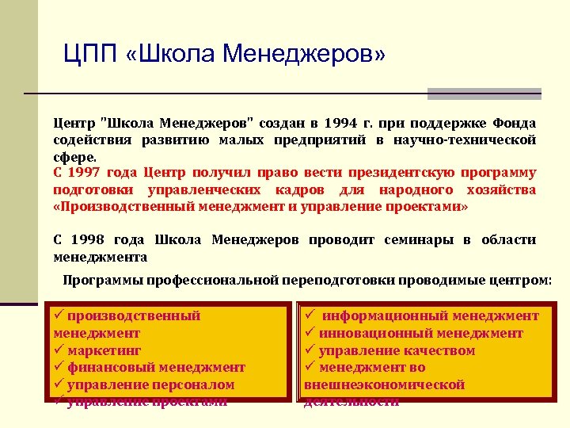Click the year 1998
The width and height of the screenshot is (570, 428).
93,240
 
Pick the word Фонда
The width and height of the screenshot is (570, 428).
515,124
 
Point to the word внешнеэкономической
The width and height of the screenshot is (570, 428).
384,384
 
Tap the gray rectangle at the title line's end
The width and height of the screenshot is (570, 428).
484,94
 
